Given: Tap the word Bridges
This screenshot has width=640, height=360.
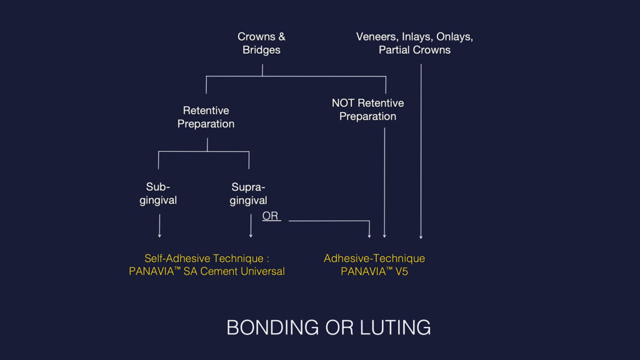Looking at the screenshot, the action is click(261, 50).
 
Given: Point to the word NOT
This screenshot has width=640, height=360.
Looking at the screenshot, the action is click(343, 103).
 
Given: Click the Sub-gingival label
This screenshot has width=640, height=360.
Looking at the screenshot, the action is click(158, 194).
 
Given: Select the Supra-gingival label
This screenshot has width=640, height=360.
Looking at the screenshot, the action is click(248, 194).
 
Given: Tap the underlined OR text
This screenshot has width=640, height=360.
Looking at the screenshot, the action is click(270, 216).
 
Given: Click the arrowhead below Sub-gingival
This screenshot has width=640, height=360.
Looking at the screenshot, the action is click(159, 236).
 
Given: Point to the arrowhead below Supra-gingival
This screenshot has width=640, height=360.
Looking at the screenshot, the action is click(251, 236).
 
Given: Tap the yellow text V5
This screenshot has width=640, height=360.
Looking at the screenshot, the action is click(401, 271).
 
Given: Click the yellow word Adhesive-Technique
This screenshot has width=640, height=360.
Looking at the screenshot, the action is click(374, 258).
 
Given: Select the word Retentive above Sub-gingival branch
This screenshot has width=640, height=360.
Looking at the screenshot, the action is click(206, 111).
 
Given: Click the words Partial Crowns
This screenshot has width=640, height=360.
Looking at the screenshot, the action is click(414, 50).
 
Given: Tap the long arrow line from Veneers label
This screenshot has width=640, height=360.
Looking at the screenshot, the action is click(421, 151).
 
